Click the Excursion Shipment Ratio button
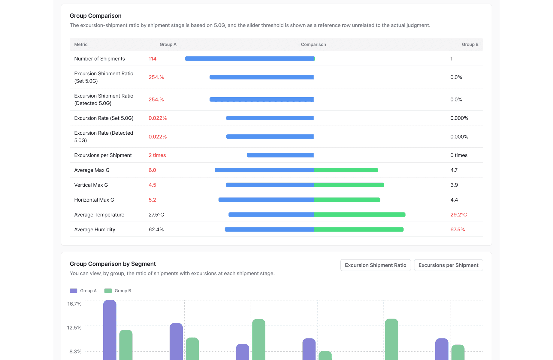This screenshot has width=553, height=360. pos(375,265)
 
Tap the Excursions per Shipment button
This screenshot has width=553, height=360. pos(448,265)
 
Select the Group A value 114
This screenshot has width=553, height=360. pos(153,59)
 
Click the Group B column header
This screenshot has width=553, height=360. pos(470,44)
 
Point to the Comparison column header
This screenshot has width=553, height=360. pos(313,44)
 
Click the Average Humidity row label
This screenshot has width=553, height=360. pos(95,229)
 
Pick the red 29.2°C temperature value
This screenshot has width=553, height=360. pos(458,215)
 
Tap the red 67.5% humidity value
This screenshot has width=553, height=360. pos(458,229)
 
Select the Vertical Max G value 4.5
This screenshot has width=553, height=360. pos(152,185)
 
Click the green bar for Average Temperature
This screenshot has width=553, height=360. pos(359,214)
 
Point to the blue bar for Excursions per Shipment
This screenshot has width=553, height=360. pos(280,155)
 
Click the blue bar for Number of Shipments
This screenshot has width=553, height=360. pos(249,58)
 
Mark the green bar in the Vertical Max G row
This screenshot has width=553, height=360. pos(349,185)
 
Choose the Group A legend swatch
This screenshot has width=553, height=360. pos(74,291)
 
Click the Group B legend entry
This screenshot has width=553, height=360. pos(118,291)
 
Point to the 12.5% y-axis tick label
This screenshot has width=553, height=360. pos(74,328)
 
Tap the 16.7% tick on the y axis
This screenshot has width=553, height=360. pos(74,304)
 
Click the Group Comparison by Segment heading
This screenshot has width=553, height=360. pos(113,264)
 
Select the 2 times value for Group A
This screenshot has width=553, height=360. pos(157,155)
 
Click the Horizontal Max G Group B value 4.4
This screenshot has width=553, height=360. pos(454,200)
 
